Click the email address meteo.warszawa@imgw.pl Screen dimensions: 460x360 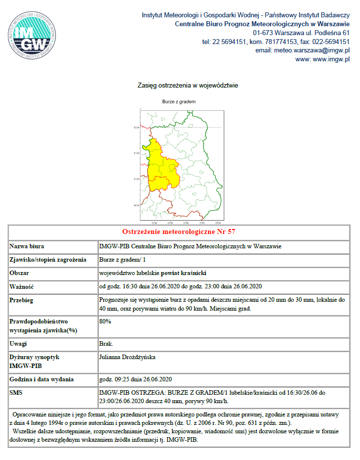(x=303, y=50)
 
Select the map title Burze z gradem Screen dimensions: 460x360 (x=179, y=101)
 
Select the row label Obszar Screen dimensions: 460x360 (x=20, y=273)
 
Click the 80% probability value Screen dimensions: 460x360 (x=105, y=322)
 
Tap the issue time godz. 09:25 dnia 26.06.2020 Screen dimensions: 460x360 (x=135, y=379)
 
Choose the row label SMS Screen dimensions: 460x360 (x=16, y=392)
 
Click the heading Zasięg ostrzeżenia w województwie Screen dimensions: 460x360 (x=187, y=86)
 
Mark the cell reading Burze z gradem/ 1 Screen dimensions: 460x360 (x=123, y=260)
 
